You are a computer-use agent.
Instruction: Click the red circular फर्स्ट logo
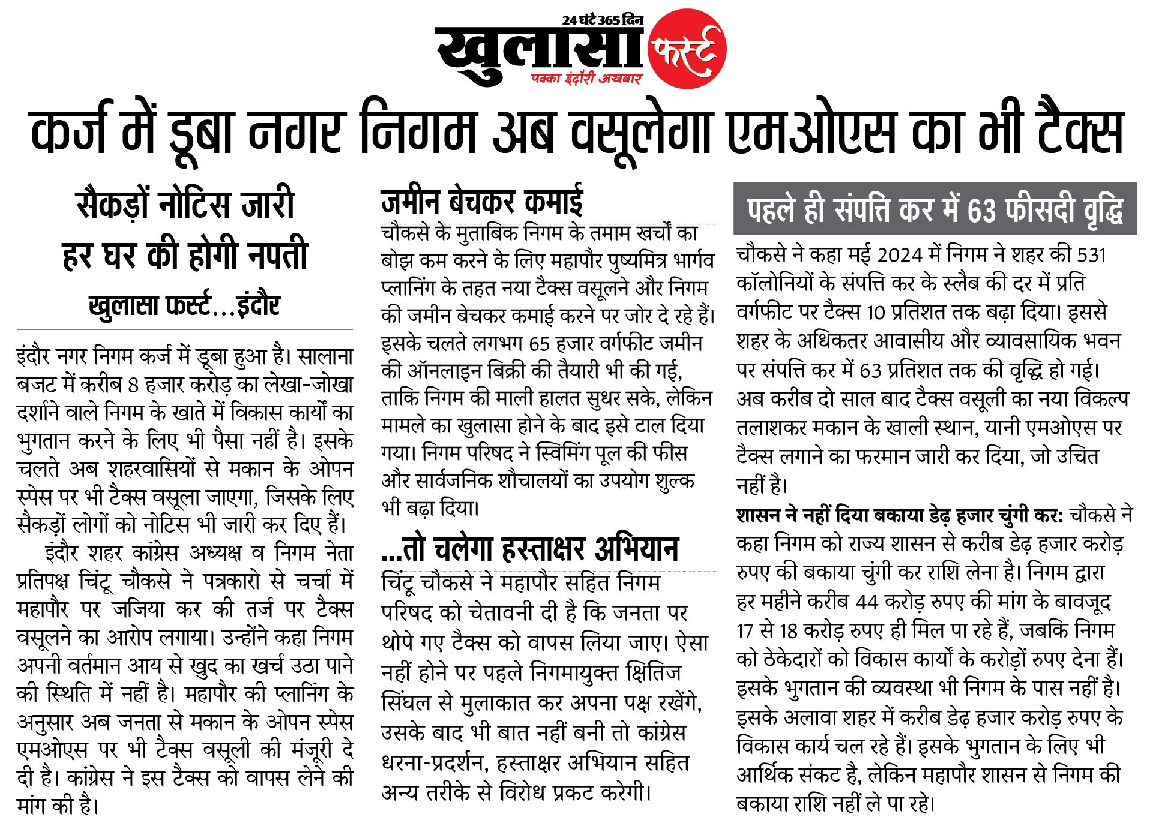pyautogui.click(x=687, y=49)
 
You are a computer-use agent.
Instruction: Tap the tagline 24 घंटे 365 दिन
pyautogui.click(x=602, y=20)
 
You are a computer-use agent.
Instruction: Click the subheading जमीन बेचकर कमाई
pyautogui.click(x=481, y=202)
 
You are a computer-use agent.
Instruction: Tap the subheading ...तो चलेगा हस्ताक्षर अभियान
pyautogui.click(x=529, y=548)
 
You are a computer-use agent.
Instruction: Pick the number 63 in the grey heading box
pyautogui.click(x=981, y=210)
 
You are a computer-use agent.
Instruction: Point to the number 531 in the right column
pyautogui.click(x=1091, y=255)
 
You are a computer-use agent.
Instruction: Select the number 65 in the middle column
pyautogui.click(x=540, y=344)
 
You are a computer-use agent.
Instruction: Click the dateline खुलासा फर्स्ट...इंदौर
pyautogui.click(x=185, y=305)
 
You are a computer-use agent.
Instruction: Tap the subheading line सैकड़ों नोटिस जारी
pyautogui.click(x=185, y=205)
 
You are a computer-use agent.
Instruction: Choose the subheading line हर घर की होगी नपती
pyautogui.click(x=185, y=255)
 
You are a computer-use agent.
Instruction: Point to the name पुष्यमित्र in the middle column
pyautogui.click(x=639, y=261)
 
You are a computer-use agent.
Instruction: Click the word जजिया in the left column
pyautogui.click(x=138, y=610)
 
